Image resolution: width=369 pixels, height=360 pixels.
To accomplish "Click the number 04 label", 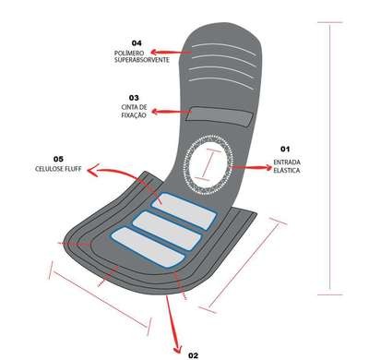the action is tap(137, 43).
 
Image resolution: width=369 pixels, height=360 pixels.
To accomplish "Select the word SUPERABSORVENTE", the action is tap(142, 60).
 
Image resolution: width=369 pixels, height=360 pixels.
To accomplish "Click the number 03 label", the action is tap(134, 98).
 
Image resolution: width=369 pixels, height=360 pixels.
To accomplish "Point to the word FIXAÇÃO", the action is tap(134, 115).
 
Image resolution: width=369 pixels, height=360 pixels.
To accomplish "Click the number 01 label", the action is tap(285, 149).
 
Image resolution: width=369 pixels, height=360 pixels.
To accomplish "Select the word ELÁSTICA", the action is tap(287, 170).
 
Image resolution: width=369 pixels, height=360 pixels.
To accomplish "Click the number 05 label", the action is tap(58, 159).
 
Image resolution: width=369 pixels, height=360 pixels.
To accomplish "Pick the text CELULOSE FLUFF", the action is tap(58, 169).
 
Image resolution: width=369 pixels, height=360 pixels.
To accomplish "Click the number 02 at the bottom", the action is tap(193, 355).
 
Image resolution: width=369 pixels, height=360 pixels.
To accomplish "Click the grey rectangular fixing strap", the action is tap(220, 116).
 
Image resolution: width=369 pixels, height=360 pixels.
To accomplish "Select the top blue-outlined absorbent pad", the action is tap(184, 211).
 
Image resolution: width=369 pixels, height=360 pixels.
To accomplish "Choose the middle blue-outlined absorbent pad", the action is tap(167, 231).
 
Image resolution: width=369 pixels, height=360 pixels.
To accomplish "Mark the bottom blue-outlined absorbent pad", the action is tap(148, 248).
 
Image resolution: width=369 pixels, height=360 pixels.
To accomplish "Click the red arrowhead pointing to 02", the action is tap(178, 348).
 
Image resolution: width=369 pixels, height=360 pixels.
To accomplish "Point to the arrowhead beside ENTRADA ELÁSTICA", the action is tap(268, 167).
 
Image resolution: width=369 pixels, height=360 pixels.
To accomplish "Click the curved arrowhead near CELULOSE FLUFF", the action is tap(93, 170).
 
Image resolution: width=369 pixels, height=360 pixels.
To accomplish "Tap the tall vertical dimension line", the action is tap(330, 159).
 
